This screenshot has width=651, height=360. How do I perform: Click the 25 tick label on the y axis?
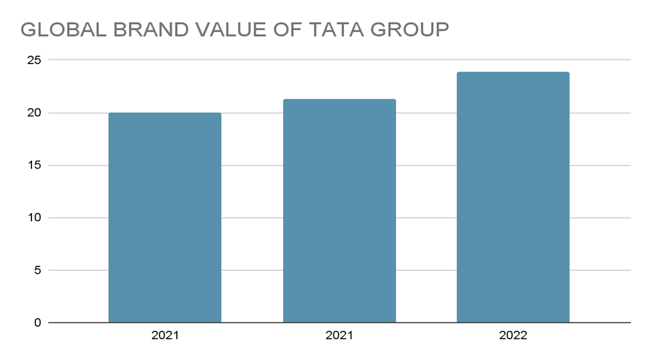point(34,60)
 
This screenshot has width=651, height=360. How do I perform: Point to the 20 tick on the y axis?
point(34,113)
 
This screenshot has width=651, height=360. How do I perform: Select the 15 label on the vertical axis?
point(34,165)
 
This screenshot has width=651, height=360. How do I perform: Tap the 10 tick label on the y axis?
point(34,218)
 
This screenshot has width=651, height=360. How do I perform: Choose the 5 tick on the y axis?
point(37,271)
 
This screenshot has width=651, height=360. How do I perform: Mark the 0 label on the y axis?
point(37,323)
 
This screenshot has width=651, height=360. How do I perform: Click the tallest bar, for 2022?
point(513,197)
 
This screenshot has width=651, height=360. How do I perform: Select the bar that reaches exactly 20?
point(165,218)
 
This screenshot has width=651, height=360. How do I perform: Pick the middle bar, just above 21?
point(339,211)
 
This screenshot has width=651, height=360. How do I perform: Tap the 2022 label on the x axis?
point(513,336)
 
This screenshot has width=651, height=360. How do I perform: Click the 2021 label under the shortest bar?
point(165,336)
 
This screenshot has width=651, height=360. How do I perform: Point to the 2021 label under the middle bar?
point(339,336)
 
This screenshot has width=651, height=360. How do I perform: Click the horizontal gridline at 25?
point(267,60)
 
